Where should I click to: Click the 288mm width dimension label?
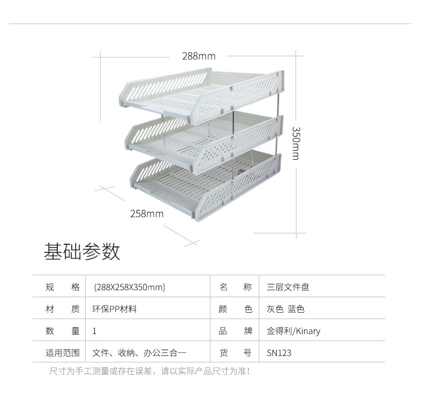[x=198, y=56]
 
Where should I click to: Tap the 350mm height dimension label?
[x=296, y=143]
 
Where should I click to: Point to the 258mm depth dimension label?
[x=147, y=214]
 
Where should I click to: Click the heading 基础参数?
[x=82, y=251]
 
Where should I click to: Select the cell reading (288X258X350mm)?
[x=129, y=287]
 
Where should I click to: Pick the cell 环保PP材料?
[x=115, y=309]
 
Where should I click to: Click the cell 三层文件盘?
[x=288, y=287]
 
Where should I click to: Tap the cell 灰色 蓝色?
[x=285, y=309]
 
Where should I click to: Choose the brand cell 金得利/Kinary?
[x=293, y=331]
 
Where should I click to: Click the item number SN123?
[x=279, y=353]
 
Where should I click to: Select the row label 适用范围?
[x=63, y=353]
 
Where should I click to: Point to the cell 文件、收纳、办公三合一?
[x=139, y=353]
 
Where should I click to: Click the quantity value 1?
[x=94, y=331]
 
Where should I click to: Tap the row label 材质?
[x=63, y=309]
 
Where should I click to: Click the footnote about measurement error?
[x=149, y=370]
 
